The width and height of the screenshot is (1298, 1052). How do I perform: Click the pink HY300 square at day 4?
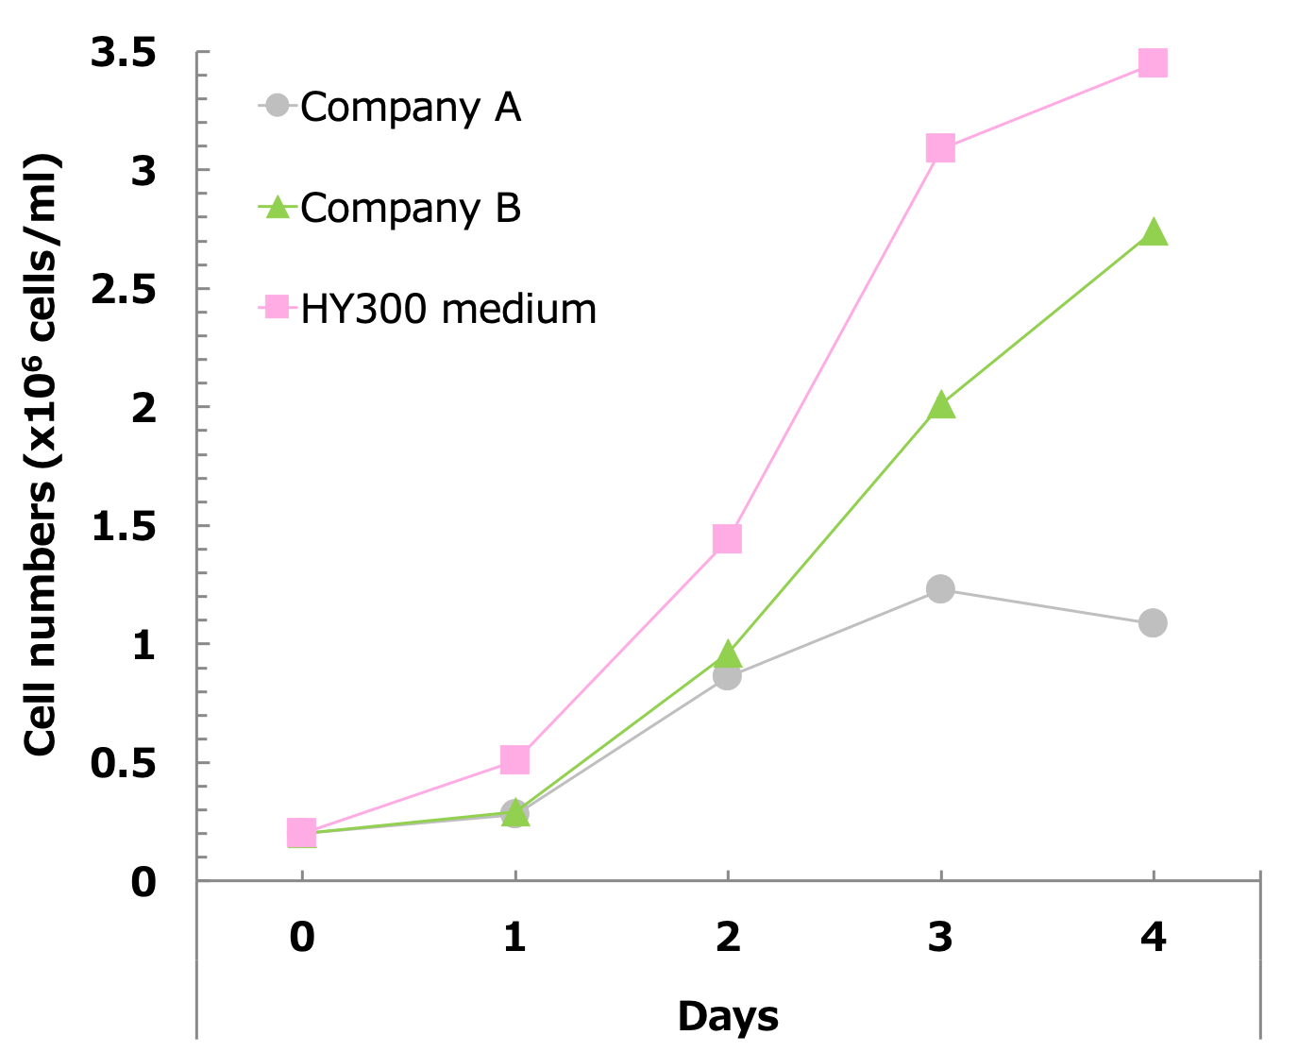tap(1153, 63)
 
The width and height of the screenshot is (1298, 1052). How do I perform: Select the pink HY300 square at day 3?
tap(940, 148)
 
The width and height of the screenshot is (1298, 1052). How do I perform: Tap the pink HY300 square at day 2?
tap(727, 539)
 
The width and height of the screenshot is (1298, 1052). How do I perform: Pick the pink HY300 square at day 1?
tap(514, 759)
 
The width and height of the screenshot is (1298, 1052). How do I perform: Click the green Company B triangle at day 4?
tap(1153, 232)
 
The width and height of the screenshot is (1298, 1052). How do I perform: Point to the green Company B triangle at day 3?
tap(940, 406)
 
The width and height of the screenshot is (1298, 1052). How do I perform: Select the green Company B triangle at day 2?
tap(727, 653)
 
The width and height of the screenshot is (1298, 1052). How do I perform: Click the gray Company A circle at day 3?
tap(940, 589)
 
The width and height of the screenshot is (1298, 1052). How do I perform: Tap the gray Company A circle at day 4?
tap(1153, 623)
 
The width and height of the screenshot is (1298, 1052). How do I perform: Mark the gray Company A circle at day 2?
tap(727, 676)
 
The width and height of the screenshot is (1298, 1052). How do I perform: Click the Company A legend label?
tap(411, 108)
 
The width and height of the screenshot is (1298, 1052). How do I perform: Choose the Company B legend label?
tap(411, 209)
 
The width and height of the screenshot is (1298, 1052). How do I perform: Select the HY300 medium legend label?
tap(448, 310)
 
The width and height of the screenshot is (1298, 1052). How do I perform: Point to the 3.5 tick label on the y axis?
tap(124, 54)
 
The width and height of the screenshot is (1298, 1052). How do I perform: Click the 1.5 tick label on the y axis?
tap(124, 527)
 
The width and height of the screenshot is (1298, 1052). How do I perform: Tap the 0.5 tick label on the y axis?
tap(124, 764)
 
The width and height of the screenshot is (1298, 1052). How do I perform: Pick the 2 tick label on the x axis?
tap(727, 937)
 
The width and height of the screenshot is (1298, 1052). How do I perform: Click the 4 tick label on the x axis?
tap(1153, 937)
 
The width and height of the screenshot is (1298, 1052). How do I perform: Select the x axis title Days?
tap(728, 1016)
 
